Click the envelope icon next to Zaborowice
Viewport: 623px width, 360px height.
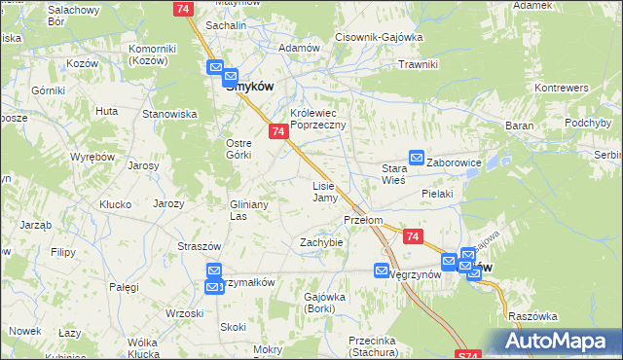[x=416, y=157]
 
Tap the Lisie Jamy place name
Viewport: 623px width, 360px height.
[x=324, y=191]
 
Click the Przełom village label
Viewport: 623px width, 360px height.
[x=362, y=220]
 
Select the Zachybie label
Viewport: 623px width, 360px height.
[x=321, y=242]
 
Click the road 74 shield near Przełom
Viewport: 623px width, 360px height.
[x=414, y=237]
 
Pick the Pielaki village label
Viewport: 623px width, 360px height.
[x=438, y=194]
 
